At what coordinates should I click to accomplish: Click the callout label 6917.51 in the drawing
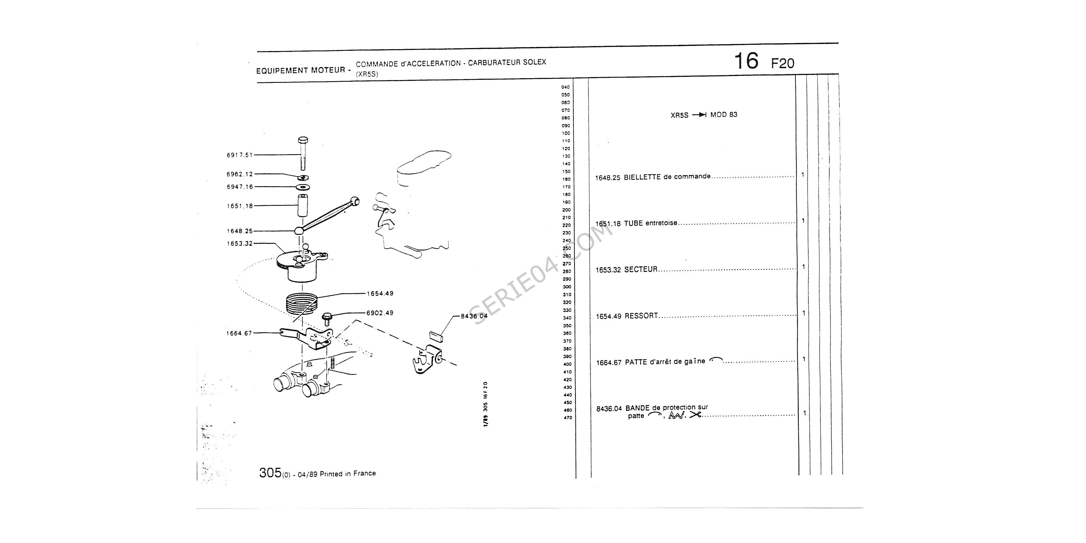(239, 155)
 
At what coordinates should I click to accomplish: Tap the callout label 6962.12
(239, 174)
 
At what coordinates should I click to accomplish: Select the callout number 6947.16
(239, 187)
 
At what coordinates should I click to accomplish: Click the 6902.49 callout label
(380, 313)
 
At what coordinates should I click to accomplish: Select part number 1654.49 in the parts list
(608, 316)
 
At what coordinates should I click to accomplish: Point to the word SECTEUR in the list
(641, 269)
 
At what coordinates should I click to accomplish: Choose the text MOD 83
(724, 115)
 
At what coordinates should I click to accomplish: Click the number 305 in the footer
(270, 473)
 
